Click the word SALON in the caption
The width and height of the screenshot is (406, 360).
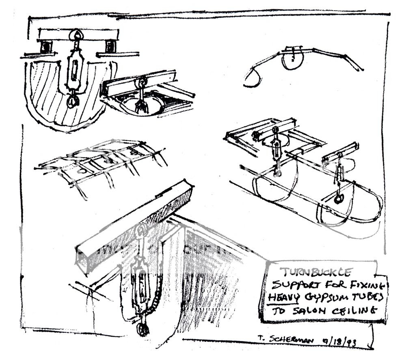tap(307, 313)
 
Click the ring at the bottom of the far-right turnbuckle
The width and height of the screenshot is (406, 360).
tap(338, 199)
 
